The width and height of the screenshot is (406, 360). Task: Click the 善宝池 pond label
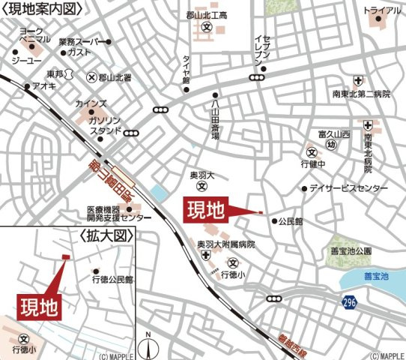pos(377,277)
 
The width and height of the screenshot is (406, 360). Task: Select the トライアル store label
pos(381,11)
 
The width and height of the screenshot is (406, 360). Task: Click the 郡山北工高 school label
pos(206,15)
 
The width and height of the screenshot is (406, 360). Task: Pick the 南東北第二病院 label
pos(358,95)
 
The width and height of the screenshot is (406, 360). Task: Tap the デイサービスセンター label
pos(345,188)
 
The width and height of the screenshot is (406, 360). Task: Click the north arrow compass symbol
pos(148,345)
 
